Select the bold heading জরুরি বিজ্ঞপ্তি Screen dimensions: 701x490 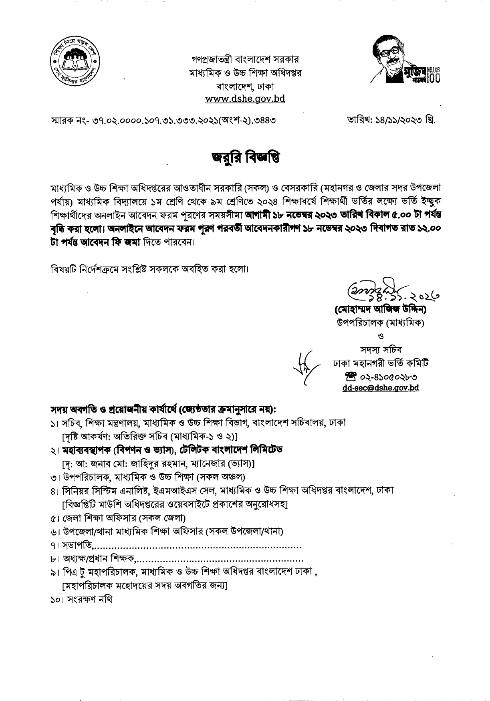tap(246, 157)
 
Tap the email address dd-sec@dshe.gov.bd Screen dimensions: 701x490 tap(381, 388)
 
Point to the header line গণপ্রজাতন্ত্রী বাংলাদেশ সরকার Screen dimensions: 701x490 tap(245, 60)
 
